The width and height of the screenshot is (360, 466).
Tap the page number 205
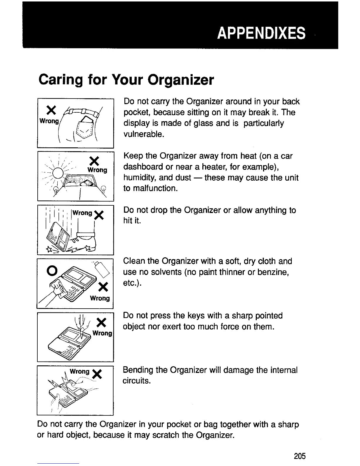(x=300, y=456)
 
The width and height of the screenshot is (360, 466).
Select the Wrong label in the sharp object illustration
(x=102, y=333)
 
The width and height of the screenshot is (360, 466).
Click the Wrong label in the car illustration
(x=97, y=170)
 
